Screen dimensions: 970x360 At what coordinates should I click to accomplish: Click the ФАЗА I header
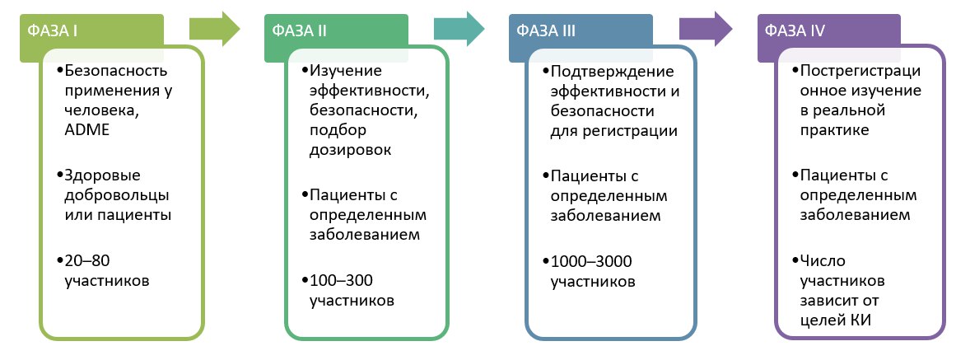tap(53, 30)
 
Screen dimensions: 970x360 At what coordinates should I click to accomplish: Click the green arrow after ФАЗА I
tap(214, 29)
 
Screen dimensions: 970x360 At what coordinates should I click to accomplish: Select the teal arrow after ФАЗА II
tap(459, 29)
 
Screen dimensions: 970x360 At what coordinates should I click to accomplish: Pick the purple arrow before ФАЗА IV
tap(706, 29)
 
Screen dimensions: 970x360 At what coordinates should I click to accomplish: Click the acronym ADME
tap(86, 130)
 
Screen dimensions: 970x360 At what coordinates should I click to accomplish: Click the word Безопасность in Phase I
tap(115, 71)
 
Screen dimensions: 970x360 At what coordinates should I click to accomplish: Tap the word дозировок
tap(350, 150)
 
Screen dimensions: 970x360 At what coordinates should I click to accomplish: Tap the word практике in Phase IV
tap(834, 131)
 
